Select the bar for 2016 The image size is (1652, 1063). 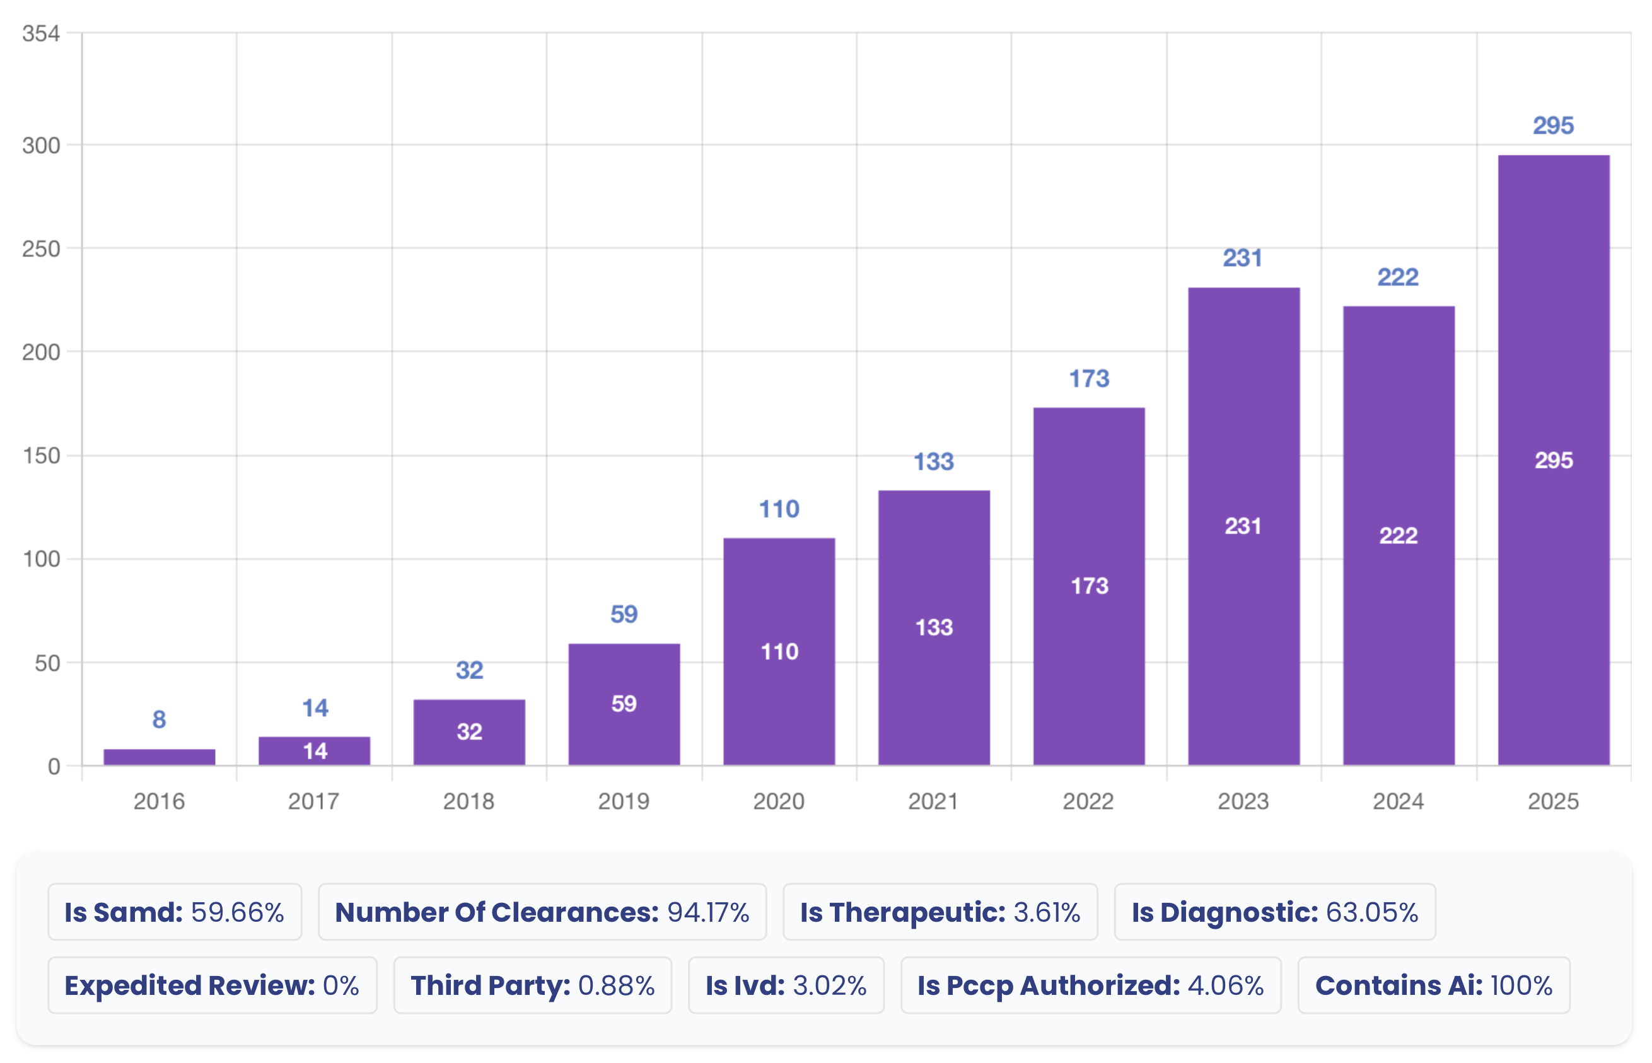[159, 757]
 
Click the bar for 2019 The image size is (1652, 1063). [624, 704]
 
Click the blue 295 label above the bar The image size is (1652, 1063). [1553, 125]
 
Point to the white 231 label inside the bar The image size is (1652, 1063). [1243, 526]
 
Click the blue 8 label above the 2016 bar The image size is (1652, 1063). [159, 719]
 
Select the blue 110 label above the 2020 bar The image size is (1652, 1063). [779, 509]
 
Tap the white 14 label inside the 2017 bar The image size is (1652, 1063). [315, 751]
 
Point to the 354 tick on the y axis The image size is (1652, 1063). [41, 33]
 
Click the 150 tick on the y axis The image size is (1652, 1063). [41, 456]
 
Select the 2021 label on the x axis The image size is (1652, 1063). [933, 801]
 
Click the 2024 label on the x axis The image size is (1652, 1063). [1398, 801]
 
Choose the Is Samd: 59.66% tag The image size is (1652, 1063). [175, 912]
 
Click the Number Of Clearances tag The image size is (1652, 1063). [542, 912]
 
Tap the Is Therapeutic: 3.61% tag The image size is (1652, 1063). [939, 912]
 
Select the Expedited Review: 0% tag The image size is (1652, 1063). [212, 985]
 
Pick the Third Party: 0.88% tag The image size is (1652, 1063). [532, 985]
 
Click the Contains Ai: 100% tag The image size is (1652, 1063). [1433, 985]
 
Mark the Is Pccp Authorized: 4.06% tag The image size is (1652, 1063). [1090, 985]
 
